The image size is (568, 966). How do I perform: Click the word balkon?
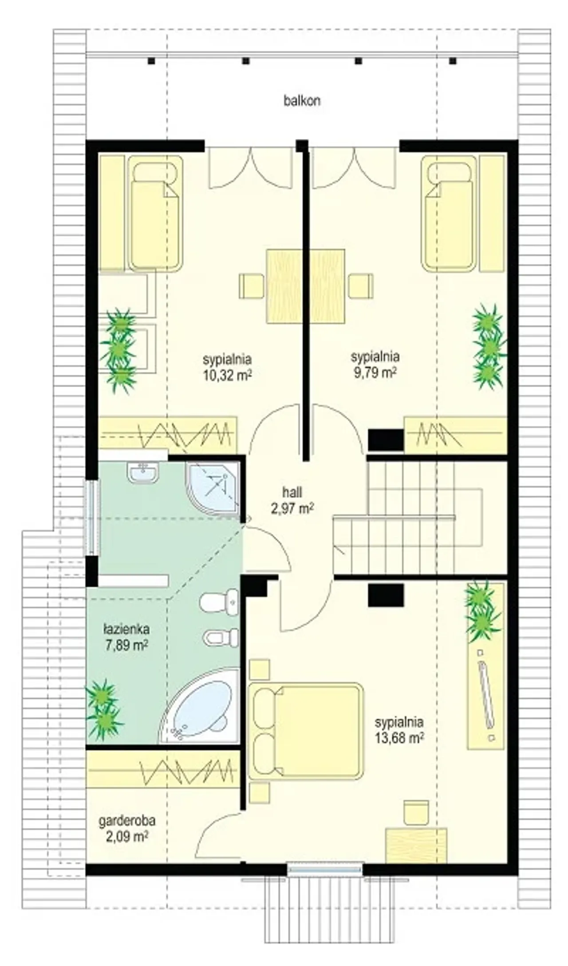click(x=302, y=101)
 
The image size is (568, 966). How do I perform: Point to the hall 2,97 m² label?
click(x=292, y=500)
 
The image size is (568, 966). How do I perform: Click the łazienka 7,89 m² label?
click(x=126, y=637)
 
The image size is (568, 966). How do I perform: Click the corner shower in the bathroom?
click(x=213, y=488)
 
